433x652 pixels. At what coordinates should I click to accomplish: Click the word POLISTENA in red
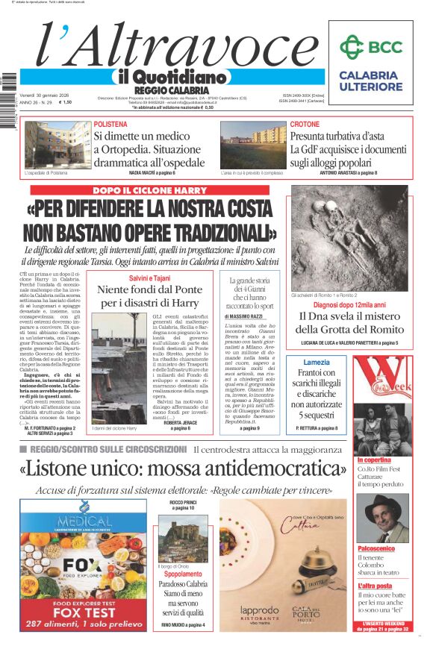pyautogui.click(x=116, y=124)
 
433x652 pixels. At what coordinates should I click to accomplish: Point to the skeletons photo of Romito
pyautogui.click(x=349, y=238)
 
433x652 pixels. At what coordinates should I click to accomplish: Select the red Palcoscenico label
pyautogui.click(x=378, y=548)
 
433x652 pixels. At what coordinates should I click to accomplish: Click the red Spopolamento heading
pyautogui.click(x=183, y=574)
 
